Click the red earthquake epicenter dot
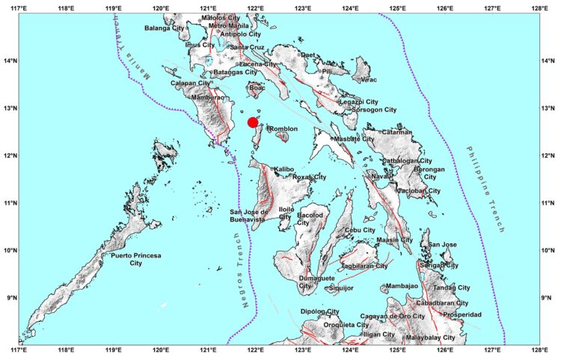tap(253, 122)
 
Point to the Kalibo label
tap(283, 169)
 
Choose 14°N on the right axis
tap(550, 61)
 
